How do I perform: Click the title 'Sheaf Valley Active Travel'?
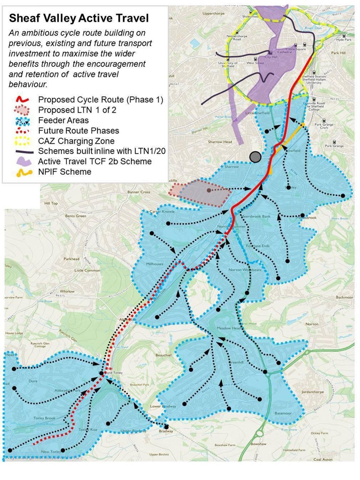click(x=79, y=18)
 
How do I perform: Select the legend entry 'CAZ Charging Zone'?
click(x=76, y=141)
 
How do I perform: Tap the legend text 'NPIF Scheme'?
click(x=64, y=172)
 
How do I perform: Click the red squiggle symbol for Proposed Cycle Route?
click(x=22, y=99)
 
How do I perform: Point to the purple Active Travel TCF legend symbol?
click(x=23, y=162)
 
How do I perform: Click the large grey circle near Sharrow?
click(x=255, y=157)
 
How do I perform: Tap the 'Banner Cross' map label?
click(x=139, y=192)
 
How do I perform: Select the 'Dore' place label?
click(x=33, y=381)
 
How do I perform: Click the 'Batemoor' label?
click(x=283, y=413)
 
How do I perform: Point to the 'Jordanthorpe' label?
click(x=313, y=392)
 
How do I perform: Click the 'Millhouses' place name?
click(x=155, y=264)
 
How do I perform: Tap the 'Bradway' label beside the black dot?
click(x=166, y=431)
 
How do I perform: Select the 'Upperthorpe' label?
click(x=213, y=14)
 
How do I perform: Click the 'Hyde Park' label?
click(x=344, y=40)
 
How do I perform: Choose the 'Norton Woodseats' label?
click(x=244, y=270)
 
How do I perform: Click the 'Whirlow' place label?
click(x=67, y=291)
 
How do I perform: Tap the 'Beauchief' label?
click(x=163, y=355)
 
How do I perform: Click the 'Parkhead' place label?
click(x=71, y=259)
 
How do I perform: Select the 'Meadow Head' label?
click(x=229, y=328)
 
